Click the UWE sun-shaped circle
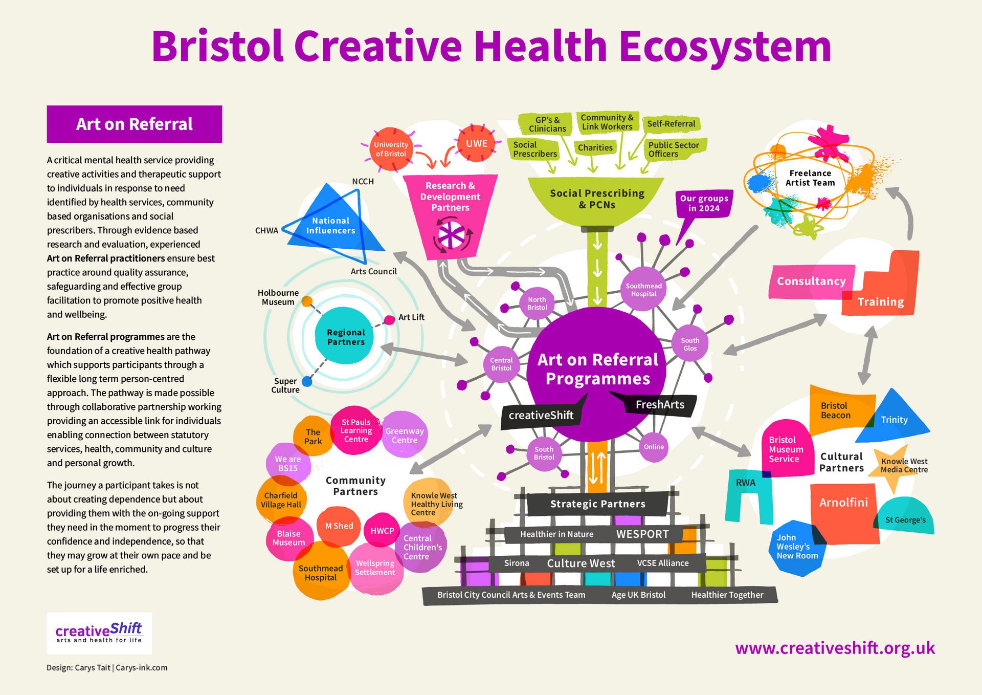click(476, 143)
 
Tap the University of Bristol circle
click(391, 149)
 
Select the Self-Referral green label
click(671, 124)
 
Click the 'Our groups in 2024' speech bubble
click(704, 203)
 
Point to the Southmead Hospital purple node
click(643, 290)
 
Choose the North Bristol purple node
click(537, 303)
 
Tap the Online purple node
click(654, 447)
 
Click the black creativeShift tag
click(541, 415)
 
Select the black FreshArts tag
click(660, 404)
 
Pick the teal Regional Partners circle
click(345, 337)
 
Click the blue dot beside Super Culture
click(307, 381)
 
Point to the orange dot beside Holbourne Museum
click(307, 301)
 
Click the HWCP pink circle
click(382, 531)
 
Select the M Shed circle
click(339, 526)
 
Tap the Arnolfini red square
click(844, 512)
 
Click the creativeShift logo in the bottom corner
click(99, 633)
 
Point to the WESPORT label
click(642, 534)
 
